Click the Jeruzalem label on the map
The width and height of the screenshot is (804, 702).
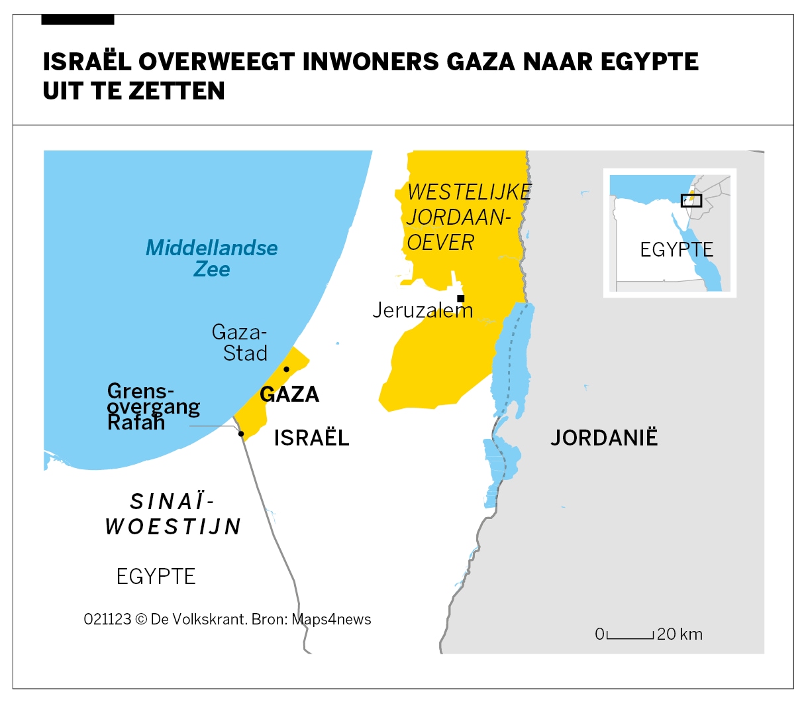423,310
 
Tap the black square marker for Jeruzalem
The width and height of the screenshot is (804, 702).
460,298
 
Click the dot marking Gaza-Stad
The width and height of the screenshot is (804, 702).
286,369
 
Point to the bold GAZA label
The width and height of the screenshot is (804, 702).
289,394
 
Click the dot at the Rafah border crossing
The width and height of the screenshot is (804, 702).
241,434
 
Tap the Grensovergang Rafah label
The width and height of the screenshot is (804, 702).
152,406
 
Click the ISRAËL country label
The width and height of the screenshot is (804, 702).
311,438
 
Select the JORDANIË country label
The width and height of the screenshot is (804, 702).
604,438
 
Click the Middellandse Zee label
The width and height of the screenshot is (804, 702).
212,258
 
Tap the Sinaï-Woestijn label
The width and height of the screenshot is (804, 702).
174,514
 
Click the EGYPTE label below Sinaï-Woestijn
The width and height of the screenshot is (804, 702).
156,577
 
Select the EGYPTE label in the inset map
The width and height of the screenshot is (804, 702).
676,250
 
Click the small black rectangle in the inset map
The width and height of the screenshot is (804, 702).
691,200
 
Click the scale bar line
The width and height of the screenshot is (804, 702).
630,638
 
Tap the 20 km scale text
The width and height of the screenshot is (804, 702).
679,634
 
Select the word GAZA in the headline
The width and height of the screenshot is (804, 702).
480,62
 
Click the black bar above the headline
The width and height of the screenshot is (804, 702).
77,20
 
